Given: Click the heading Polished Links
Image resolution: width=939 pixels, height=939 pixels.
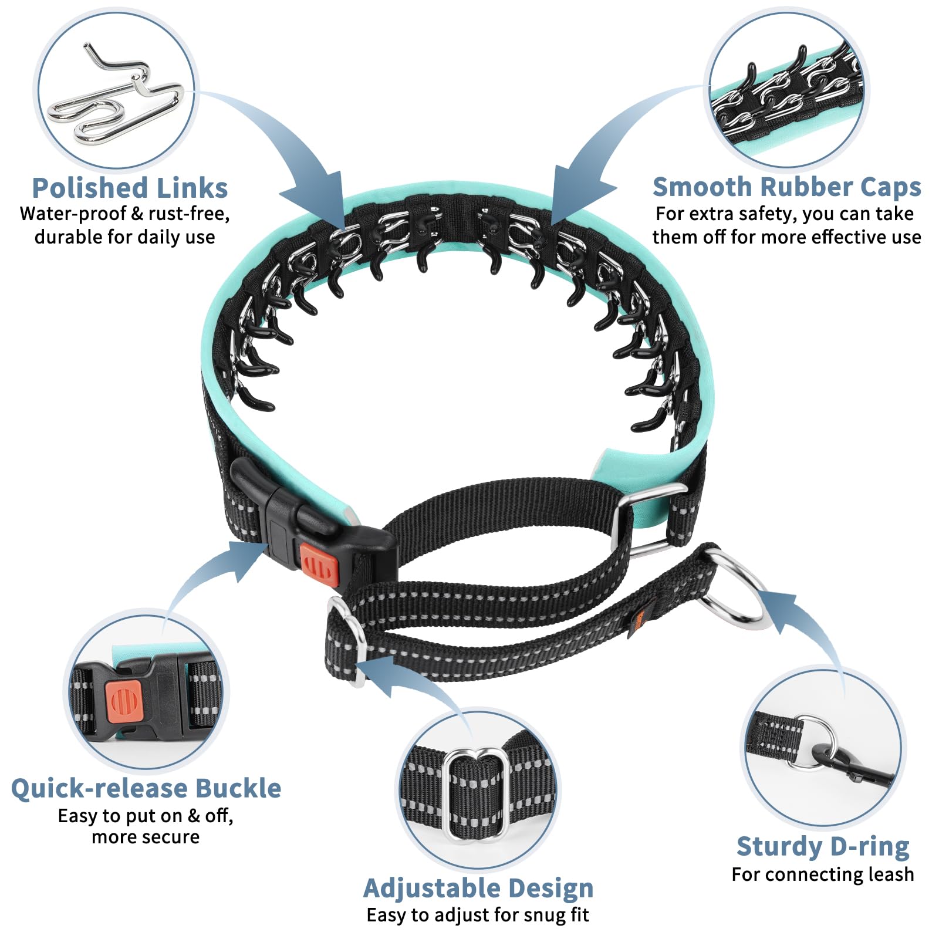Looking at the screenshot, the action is tap(130, 188).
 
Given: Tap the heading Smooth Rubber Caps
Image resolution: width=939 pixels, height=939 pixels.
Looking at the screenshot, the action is tap(787, 188).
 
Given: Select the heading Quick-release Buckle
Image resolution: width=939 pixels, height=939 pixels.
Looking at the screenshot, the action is tap(146, 788).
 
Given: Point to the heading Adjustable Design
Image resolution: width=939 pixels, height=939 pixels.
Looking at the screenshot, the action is tap(478, 888).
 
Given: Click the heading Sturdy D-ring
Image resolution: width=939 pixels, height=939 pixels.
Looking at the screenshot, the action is tap(823, 847).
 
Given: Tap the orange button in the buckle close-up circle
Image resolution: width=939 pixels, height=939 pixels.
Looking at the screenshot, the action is tap(124, 702).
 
